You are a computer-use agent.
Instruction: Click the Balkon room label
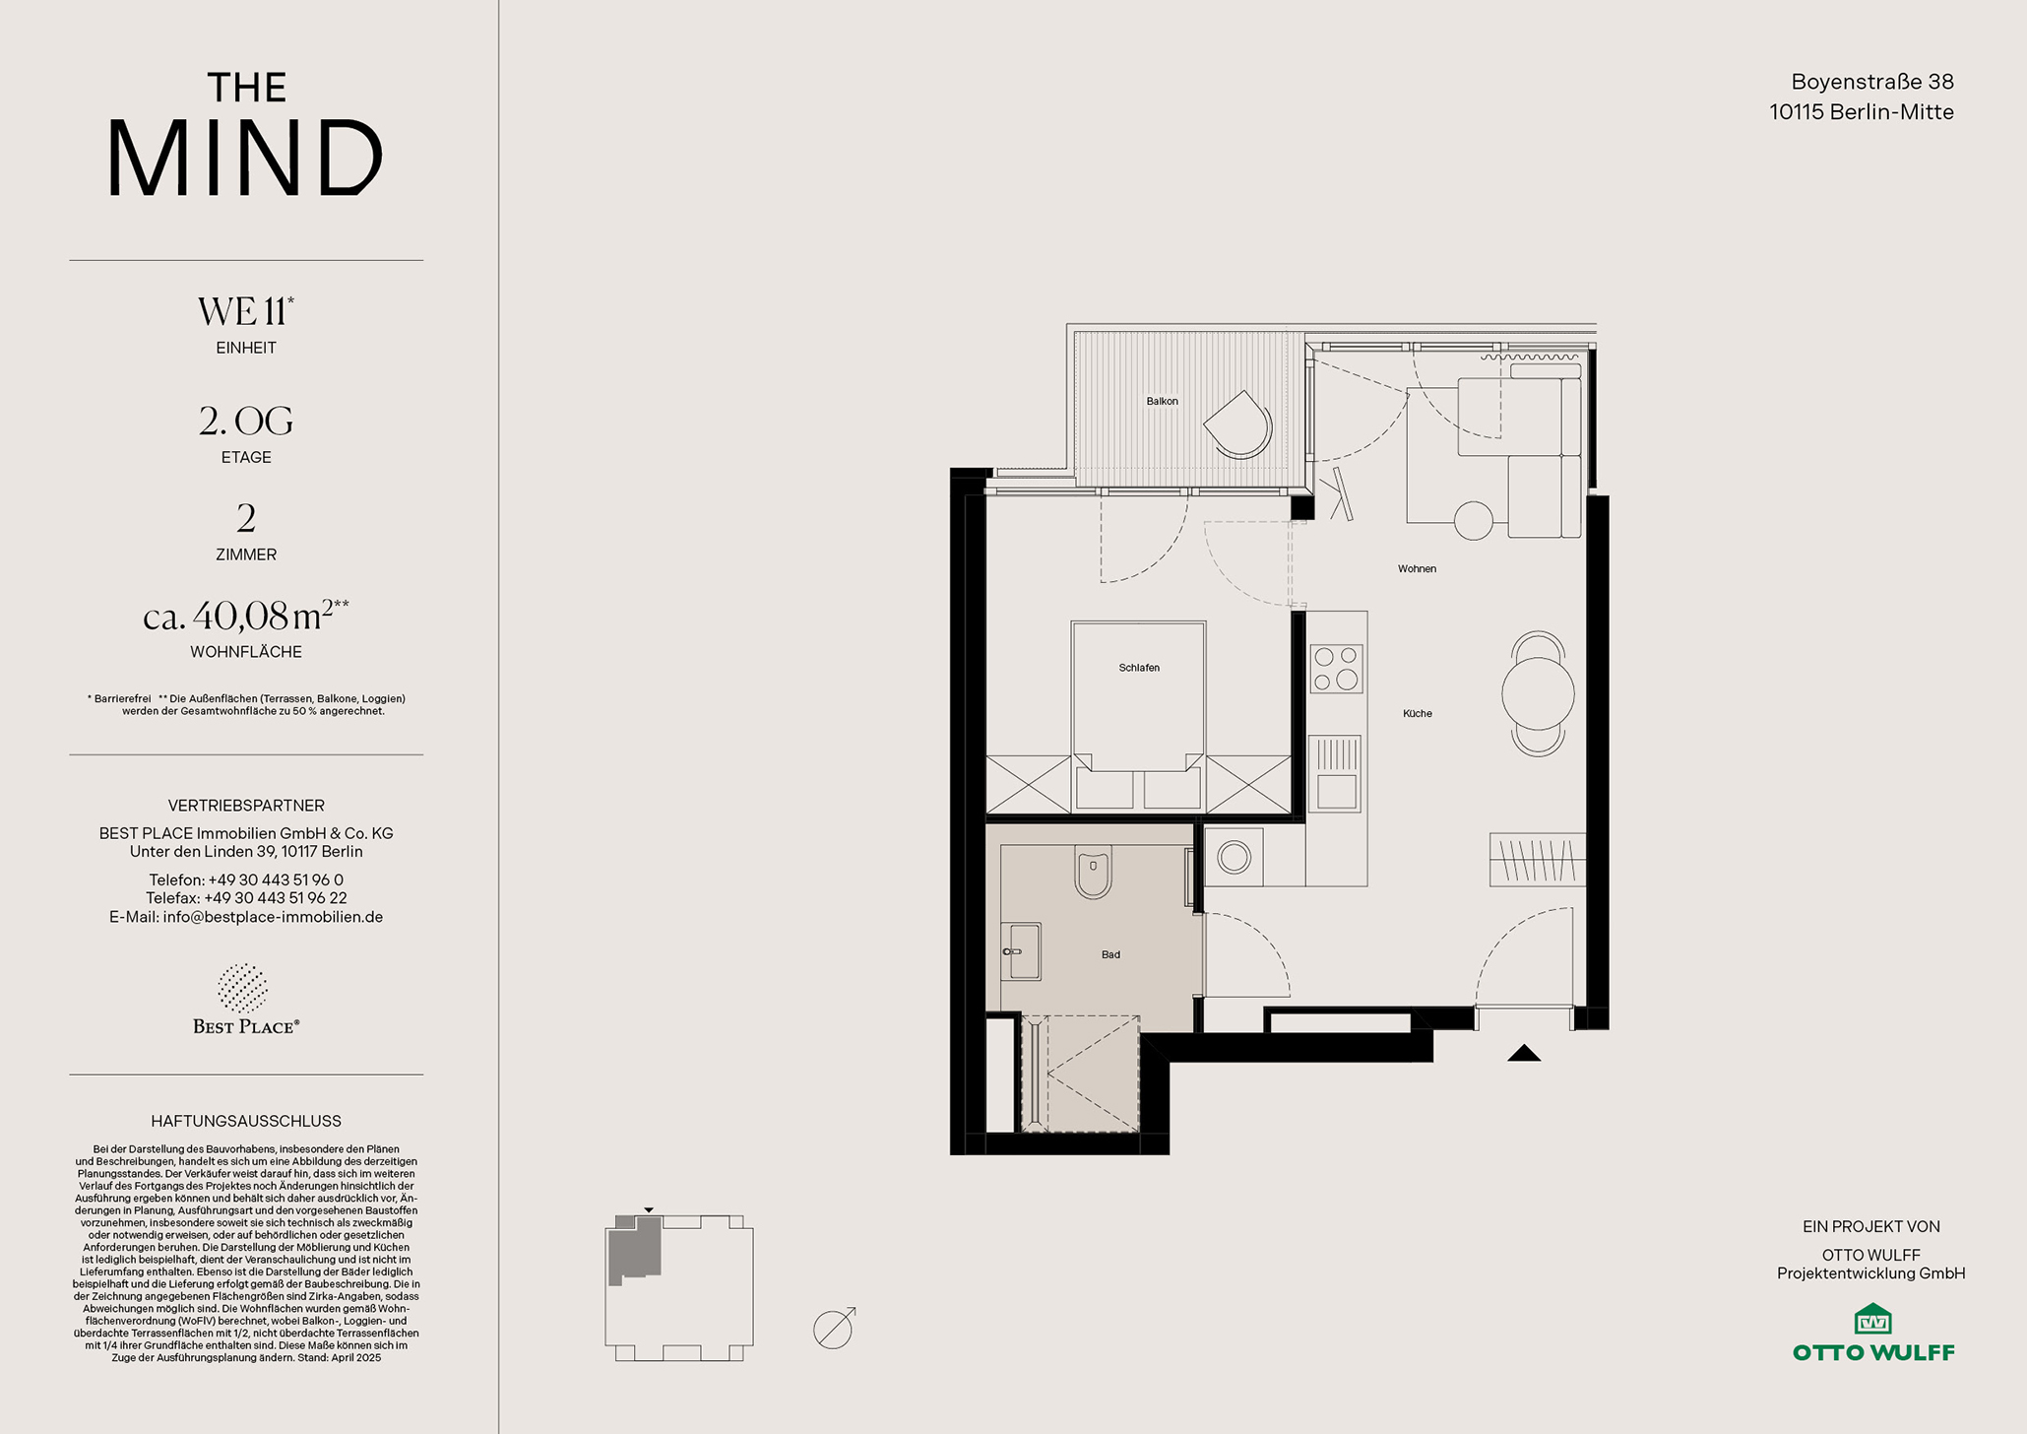(x=1162, y=401)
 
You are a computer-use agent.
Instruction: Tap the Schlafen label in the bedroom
(x=1139, y=668)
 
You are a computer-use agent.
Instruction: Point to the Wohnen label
(x=1417, y=568)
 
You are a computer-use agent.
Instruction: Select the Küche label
(x=1418, y=713)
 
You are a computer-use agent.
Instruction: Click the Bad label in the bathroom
(x=1110, y=954)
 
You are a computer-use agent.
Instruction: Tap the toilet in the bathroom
(x=1093, y=872)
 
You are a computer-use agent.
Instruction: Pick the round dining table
(x=1538, y=693)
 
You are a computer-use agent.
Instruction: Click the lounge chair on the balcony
(x=1238, y=424)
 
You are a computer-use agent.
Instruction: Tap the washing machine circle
(x=1234, y=857)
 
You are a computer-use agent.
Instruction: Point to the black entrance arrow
(x=1524, y=1053)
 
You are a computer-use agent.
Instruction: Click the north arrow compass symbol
(x=834, y=1329)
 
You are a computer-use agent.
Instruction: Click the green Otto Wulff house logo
(x=1873, y=1318)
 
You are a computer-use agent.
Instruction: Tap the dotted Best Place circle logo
(x=242, y=988)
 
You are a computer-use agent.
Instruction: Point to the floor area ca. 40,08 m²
(x=246, y=616)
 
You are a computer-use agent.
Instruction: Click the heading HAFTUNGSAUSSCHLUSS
(x=246, y=1121)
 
